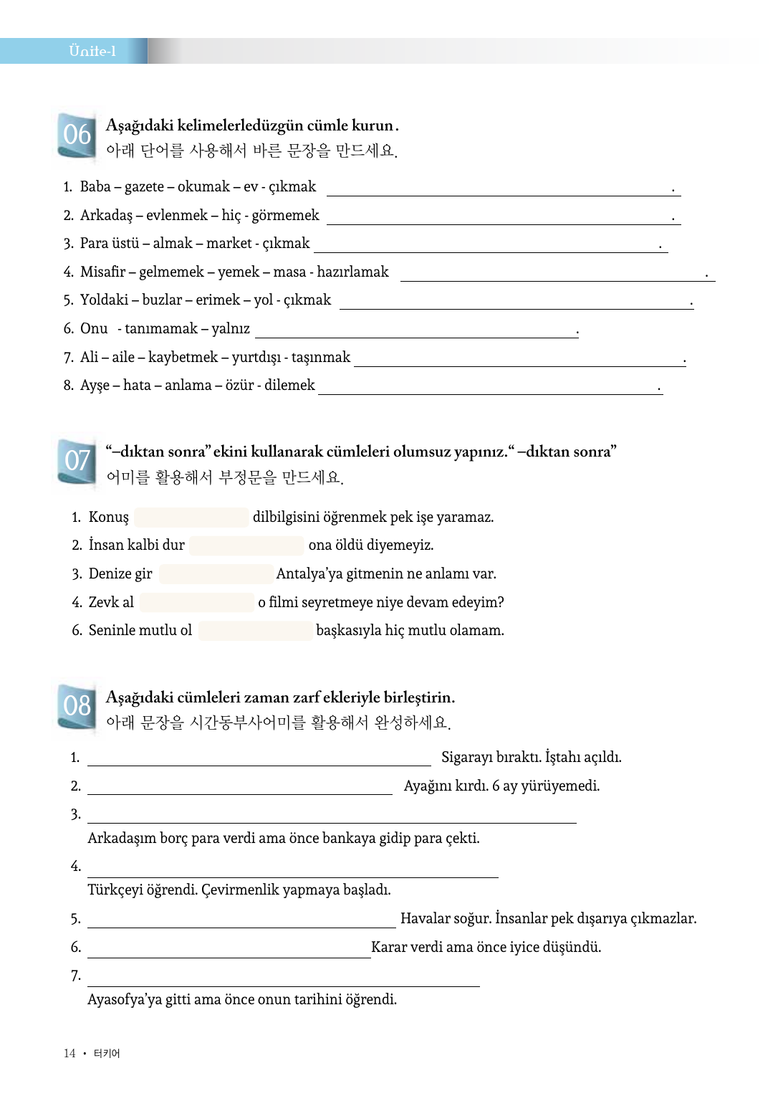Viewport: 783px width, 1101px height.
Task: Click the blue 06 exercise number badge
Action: pyautogui.click(x=77, y=134)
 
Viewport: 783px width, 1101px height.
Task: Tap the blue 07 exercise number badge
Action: pyautogui.click(x=77, y=460)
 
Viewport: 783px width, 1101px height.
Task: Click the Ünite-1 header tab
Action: pyautogui.click(x=92, y=51)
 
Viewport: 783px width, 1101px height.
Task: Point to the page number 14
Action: pyautogui.click(x=69, y=1053)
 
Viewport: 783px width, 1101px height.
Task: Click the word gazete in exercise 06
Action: pyautogui.click(x=144, y=187)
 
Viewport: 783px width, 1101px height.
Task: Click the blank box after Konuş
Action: pyautogui.click(x=191, y=517)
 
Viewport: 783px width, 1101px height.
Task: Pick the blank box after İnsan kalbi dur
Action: pyautogui.click(x=246, y=545)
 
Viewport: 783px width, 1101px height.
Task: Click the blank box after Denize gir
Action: pyautogui.click(x=216, y=574)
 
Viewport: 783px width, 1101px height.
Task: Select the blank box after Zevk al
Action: pyautogui.click(x=197, y=602)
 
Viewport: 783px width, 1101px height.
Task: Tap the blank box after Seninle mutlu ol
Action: pyautogui.click(x=256, y=631)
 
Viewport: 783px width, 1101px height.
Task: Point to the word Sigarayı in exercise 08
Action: pyautogui.click(x=466, y=758)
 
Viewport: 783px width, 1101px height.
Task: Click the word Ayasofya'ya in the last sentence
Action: pyautogui.click(x=125, y=1000)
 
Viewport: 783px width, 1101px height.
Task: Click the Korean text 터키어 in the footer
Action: pyautogui.click(x=107, y=1053)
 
